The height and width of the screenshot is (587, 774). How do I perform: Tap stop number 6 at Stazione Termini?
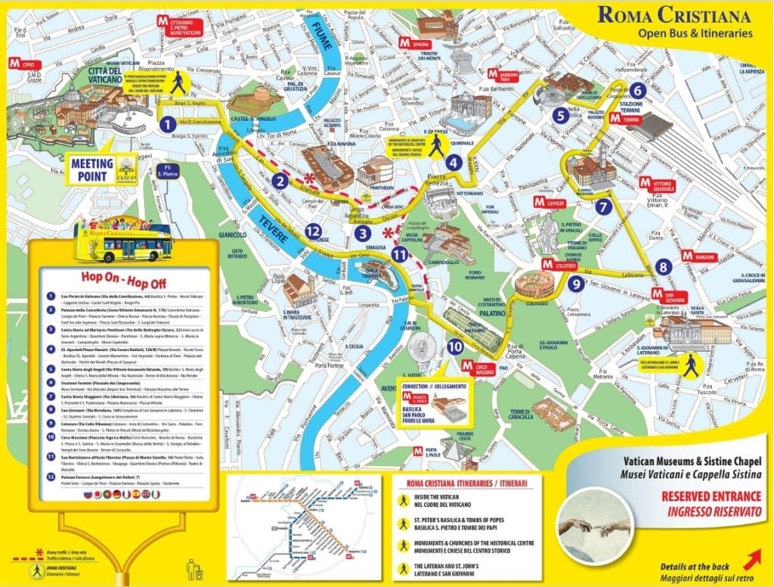pyautogui.click(x=636, y=91)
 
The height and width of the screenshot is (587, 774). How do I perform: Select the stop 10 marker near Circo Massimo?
pyautogui.click(x=454, y=346)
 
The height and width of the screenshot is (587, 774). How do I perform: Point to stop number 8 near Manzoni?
pyautogui.click(x=664, y=266)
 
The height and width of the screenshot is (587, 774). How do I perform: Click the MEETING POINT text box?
pyautogui.click(x=92, y=169)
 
